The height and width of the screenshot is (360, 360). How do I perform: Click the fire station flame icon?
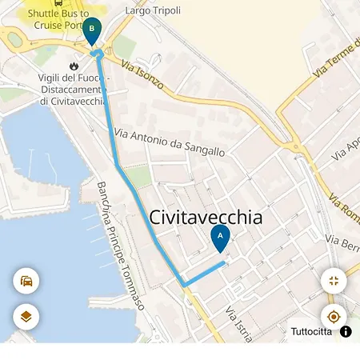[74, 66]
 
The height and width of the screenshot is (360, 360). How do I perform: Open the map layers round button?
[26, 317]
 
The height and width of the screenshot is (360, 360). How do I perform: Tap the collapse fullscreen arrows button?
[334, 281]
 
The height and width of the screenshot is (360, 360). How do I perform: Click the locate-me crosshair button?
[334, 317]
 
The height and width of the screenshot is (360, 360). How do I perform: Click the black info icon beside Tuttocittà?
[346, 331]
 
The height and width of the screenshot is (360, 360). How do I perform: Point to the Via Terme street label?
[337, 56]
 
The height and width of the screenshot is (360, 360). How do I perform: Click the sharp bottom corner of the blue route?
[184, 285]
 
